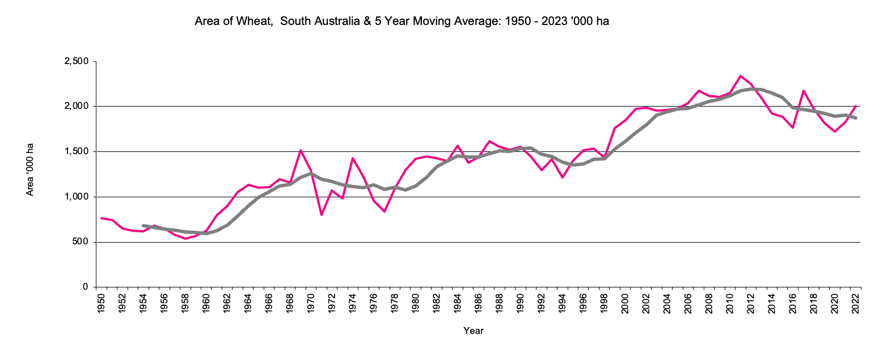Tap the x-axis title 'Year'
pyautogui.click(x=473, y=331)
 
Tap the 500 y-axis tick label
pyautogui.click(x=82, y=243)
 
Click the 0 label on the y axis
pyautogui.click(x=86, y=287)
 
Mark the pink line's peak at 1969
pyautogui.click(x=300, y=150)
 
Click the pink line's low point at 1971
pyautogui.click(x=322, y=215)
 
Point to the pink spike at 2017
pyautogui.click(x=803, y=91)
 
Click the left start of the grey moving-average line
pyautogui.click(x=143, y=225)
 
